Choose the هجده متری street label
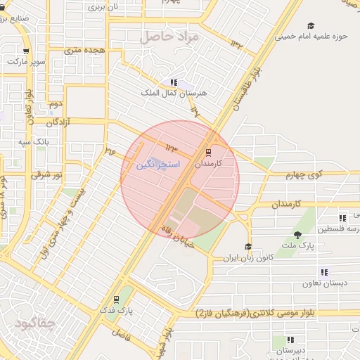[85, 50]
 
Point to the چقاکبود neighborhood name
[34, 323]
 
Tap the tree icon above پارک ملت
[299, 234]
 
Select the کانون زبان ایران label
[247, 258]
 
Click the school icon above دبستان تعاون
[324, 271]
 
